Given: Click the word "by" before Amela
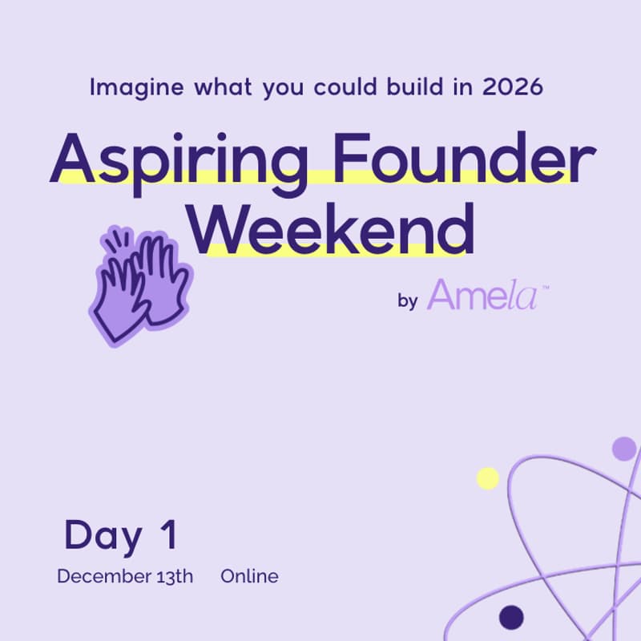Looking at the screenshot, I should coord(407,301).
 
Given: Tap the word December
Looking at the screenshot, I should coord(101,576).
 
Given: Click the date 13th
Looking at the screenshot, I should coord(171,576).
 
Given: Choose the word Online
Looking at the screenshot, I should coord(250,576).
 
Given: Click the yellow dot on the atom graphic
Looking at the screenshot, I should coord(488,478).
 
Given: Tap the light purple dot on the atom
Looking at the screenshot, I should coord(623,449).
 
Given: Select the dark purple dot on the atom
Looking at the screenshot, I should coord(511,617).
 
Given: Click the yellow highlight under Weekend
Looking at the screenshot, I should coord(337,249).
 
